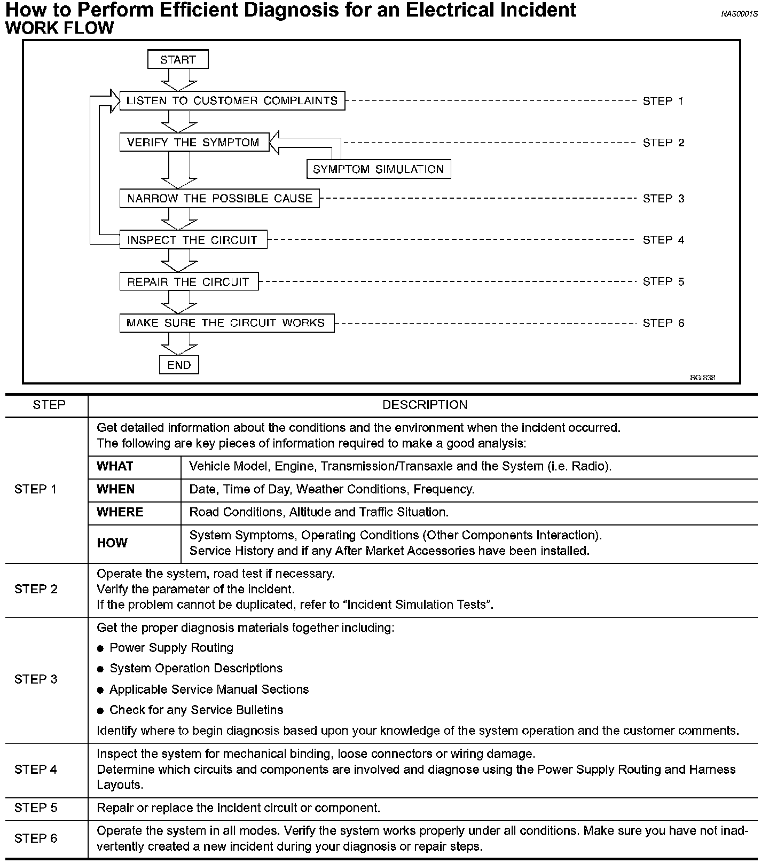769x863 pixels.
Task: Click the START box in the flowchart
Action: click(178, 59)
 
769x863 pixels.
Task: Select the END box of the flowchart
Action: click(179, 365)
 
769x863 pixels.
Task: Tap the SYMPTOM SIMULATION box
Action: click(379, 169)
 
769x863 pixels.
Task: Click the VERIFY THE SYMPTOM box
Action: click(194, 143)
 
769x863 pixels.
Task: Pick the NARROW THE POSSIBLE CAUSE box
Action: click(219, 198)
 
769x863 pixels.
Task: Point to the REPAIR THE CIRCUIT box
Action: click(189, 281)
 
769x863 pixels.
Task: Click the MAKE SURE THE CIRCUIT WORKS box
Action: click(226, 323)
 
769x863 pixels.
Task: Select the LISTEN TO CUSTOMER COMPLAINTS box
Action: click(232, 100)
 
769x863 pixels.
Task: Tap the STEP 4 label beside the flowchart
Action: click(663, 240)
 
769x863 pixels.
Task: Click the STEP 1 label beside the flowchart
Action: click(663, 101)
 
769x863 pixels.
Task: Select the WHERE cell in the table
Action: click(120, 512)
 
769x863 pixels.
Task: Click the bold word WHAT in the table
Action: click(115, 466)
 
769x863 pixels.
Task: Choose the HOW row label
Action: click(112, 543)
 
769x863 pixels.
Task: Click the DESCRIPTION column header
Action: click(425, 405)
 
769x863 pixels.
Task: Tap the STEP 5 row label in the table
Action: click(36, 807)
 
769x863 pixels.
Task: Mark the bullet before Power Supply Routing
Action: click(100, 648)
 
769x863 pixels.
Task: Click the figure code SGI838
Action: click(702, 377)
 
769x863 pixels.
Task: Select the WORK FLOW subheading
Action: click(59, 28)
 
